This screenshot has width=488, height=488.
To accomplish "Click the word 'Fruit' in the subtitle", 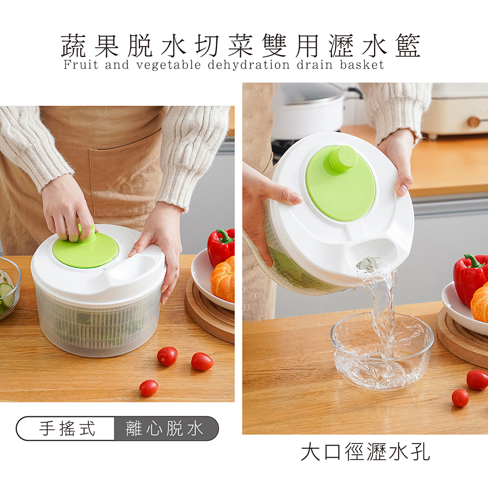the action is tap(81, 65).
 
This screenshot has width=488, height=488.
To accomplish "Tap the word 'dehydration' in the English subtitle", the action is tap(249, 65).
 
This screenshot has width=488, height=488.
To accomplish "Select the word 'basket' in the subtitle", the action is tap(362, 65).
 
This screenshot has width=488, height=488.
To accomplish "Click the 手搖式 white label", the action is tap(67, 428).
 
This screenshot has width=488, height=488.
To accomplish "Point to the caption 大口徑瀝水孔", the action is tap(365, 452).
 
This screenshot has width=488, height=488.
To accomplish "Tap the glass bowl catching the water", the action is tap(382, 350).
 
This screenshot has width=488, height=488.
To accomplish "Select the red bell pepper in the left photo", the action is tap(221, 247).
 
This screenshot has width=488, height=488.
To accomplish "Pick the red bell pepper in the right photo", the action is tap(470, 278).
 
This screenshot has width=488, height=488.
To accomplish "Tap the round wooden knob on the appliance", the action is tap(474, 121).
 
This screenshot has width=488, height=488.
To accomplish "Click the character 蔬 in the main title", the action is tap(73, 46).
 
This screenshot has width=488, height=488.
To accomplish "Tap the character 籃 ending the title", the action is tap(408, 46).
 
